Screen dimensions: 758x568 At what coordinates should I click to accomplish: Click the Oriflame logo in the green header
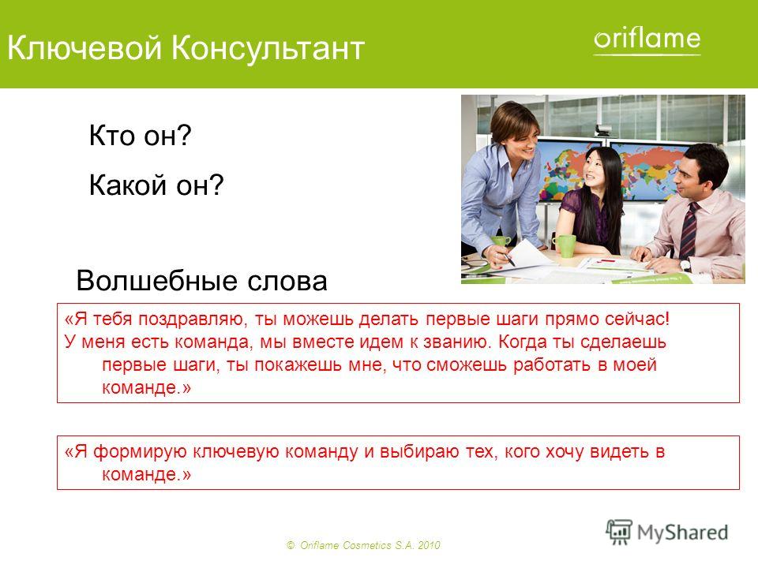coord(647,40)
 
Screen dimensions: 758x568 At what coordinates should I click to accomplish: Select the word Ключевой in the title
coord(84,48)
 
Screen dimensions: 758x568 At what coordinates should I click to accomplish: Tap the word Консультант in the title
coord(268,48)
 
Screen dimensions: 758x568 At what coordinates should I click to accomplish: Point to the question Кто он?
coord(141,135)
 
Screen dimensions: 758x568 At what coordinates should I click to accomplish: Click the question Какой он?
coord(156,185)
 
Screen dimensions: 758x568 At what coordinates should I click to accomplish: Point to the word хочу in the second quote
coord(564,451)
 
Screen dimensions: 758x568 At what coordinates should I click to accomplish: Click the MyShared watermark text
coord(682,532)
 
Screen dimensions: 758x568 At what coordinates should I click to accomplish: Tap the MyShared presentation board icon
coord(619,532)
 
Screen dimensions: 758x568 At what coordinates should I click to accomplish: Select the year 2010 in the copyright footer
coord(429,545)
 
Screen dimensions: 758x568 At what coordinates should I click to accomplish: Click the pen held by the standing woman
coord(507,259)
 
